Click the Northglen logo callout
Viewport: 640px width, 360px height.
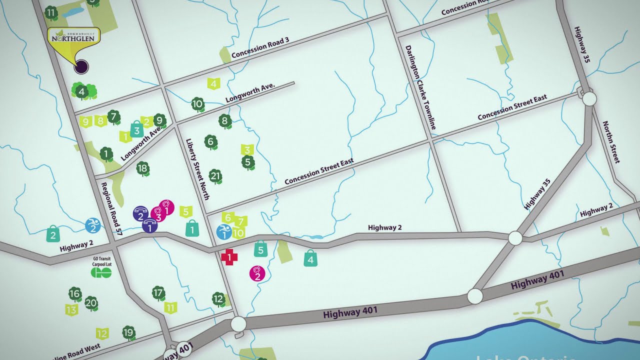pos(73,36)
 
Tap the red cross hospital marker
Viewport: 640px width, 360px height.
pos(229,257)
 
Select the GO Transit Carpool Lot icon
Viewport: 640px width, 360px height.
pos(100,272)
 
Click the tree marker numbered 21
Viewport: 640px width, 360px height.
pos(215,176)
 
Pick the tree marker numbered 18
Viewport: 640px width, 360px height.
pos(143,169)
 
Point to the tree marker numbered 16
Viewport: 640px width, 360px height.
pos(75,294)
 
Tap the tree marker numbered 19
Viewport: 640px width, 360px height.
pos(129,332)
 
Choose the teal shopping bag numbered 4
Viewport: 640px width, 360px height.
pos(310,259)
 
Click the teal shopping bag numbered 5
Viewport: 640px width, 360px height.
pos(260,248)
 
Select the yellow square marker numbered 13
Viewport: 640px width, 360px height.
pos(71,309)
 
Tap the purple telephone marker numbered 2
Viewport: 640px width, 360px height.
pos(140,214)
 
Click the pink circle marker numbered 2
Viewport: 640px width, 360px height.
pos(257,273)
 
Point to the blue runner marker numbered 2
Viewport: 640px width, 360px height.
pos(92,226)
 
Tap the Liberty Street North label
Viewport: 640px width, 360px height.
pos(197,169)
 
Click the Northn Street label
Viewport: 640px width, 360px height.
pos(610,142)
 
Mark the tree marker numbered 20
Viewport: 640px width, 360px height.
pos(91,303)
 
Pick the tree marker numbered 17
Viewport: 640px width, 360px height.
pos(158,293)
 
